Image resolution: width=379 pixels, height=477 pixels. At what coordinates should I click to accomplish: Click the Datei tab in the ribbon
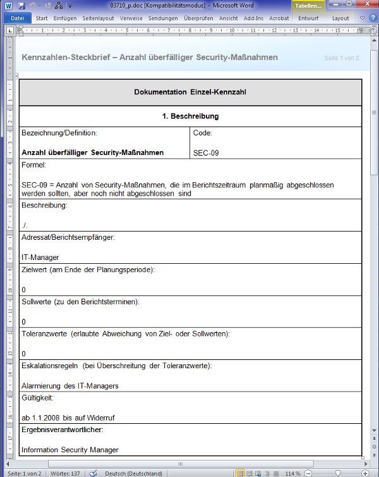[x=16, y=18]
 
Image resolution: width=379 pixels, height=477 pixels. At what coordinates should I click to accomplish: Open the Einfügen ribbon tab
[x=65, y=18]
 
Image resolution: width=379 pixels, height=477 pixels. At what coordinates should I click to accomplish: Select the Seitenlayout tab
[x=97, y=18]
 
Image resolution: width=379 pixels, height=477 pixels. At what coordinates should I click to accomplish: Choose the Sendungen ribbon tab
[x=162, y=18]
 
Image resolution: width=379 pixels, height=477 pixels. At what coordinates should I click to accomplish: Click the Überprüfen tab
[x=198, y=18]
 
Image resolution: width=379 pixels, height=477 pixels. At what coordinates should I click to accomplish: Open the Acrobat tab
[x=279, y=18]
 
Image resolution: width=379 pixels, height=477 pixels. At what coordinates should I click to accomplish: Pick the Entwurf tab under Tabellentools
[x=308, y=18]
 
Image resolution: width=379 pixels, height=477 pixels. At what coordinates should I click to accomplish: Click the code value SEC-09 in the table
[x=207, y=152]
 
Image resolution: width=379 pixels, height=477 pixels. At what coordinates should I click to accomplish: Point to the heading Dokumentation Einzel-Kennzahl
[x=190, y=92]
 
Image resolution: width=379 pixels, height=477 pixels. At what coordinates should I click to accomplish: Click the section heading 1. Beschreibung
[x=190, y=116]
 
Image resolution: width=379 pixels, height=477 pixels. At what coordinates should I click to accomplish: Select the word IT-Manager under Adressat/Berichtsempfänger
[x=40, y=257]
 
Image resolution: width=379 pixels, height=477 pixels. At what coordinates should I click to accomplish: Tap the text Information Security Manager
[x=70, y=450]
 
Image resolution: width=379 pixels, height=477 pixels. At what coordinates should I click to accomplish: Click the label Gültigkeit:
[x=37, y=398]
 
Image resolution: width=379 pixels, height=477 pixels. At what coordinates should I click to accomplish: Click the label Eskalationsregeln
[x=49, y=366]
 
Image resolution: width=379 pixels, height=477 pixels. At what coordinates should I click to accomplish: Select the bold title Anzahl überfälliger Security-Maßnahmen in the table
[x=92, y=152]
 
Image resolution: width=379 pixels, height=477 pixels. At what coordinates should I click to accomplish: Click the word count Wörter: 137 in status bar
[x=66, y=473]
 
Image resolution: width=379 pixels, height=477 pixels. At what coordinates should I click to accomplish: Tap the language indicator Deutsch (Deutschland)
[x=133, y=473]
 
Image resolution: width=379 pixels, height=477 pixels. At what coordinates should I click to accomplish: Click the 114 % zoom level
[x=292, y=473]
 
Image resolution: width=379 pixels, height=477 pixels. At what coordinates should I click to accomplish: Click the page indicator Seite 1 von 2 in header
[x=342, y=58]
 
